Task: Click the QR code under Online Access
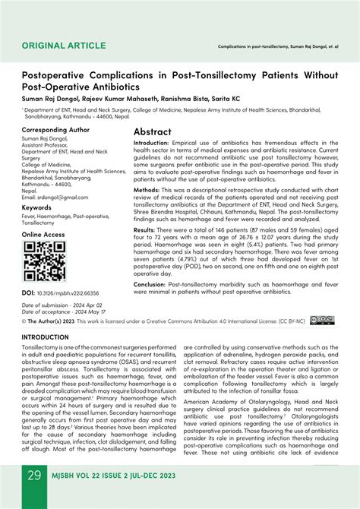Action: point(44,261)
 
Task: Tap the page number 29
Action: point(34,476)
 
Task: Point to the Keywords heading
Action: point(36,207)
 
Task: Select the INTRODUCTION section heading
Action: point(55,337)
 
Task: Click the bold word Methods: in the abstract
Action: point(147,190)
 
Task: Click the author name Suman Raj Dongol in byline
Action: point(52,99)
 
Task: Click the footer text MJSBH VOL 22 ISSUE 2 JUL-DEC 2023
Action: point(118,476)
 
